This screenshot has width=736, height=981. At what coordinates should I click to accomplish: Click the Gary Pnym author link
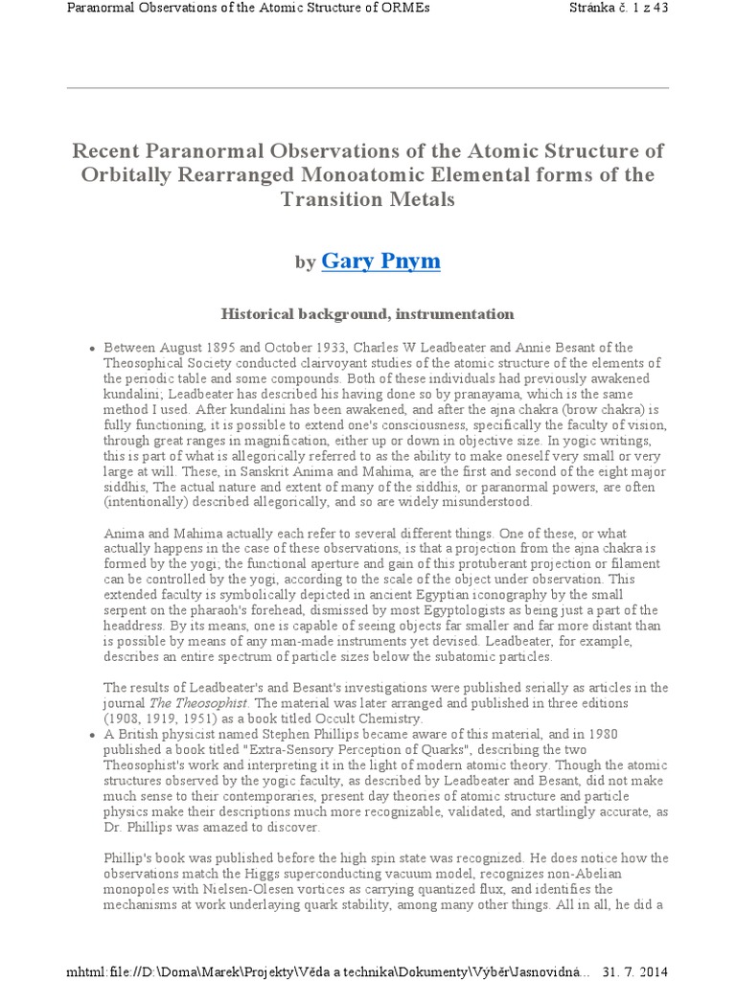pos(380,260)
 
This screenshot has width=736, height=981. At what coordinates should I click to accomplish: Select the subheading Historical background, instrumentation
pos(367,313)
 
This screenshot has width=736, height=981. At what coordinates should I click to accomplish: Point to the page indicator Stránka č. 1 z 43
pos(627,10)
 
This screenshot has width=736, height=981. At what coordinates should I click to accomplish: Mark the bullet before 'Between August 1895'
pos(90,348)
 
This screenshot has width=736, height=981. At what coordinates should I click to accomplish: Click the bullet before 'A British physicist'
pos(90,735)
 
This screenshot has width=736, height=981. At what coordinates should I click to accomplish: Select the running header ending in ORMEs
pos(248,10)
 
